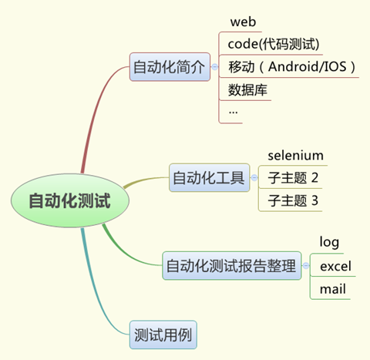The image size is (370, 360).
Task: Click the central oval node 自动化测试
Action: click(x=70, y=200)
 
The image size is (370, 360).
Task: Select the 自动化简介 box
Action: click(x=170, y=67)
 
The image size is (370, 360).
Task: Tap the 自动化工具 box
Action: click(x=210, y=177)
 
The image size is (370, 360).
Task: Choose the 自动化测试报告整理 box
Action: click(x=232, y=265)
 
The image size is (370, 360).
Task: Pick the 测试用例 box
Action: click(x=163, y=335)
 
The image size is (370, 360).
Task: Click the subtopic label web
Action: click(x=243, y=22)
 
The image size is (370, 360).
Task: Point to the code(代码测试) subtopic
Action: click(x=274, y=44)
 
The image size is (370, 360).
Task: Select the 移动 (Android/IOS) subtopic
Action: click(x=292, y=66)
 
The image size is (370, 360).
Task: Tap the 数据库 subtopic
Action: click(x=247, y=89)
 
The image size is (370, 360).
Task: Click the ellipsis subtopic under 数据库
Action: click(x=233, y=113)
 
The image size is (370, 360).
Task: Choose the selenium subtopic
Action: click(x=295, y=156)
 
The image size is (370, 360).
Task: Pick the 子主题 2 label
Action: click(x=293, y=177)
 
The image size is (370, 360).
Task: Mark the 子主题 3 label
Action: click(x=293, y=200)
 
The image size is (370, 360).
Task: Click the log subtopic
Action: click(x=329, y=242)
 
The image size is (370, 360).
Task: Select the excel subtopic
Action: click(x=335, y=266)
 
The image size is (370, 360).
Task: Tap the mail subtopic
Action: click(x=333, y=289)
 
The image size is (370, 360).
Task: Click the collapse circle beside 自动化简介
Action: click(x=215, y=67)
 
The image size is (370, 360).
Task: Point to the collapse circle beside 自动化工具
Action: click(x=254, y=177)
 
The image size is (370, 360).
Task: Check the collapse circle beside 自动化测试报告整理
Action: click(x=306, y=265)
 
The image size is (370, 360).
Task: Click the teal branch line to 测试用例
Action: click(x=94, y=291)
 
